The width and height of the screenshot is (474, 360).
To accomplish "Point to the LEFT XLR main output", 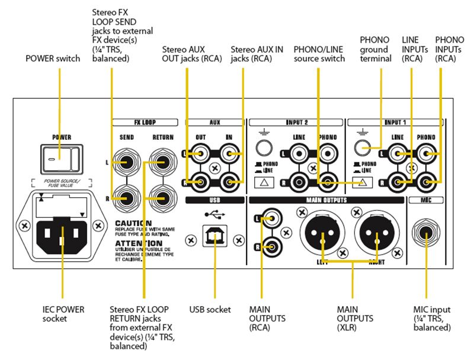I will click(322, 234).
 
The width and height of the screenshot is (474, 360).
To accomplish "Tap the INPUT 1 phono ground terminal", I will click(360, 149).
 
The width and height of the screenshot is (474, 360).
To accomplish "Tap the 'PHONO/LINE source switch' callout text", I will click(319, 54).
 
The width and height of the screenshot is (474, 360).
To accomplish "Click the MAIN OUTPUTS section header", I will click(326, 200).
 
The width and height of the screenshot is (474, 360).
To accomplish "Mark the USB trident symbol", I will click(213, 214).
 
